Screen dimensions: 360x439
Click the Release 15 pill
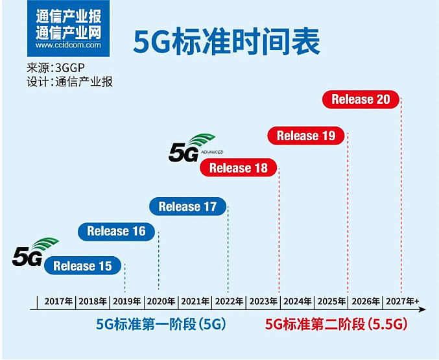[82, 266]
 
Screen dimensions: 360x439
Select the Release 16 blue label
[117, 231]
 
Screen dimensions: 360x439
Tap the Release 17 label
[187, 207]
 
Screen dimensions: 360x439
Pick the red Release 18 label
[239, 169]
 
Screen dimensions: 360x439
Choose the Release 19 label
[306, 136]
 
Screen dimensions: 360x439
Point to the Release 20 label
[361, 99]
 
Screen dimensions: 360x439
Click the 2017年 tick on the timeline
[58, 302]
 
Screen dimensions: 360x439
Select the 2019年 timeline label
[127, 302]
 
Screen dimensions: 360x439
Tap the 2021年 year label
[195, 302]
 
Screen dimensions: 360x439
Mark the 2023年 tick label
[264, 302]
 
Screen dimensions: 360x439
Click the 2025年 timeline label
[332, 302]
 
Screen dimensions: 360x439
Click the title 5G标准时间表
[227, 41]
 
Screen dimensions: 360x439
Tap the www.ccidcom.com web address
[68, 45]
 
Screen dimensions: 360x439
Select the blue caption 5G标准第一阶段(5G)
[161, 324]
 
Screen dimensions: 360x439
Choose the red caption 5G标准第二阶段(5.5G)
[336, 324]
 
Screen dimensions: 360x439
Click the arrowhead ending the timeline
[423, 309]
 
